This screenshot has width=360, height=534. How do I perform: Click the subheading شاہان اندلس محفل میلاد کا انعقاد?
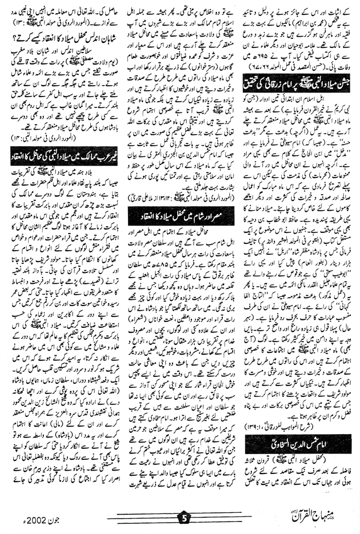coord(60,43)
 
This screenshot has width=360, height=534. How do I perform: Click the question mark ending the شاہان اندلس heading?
coord(15,43)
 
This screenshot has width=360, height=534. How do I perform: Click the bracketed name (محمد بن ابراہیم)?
coord(309,22)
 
